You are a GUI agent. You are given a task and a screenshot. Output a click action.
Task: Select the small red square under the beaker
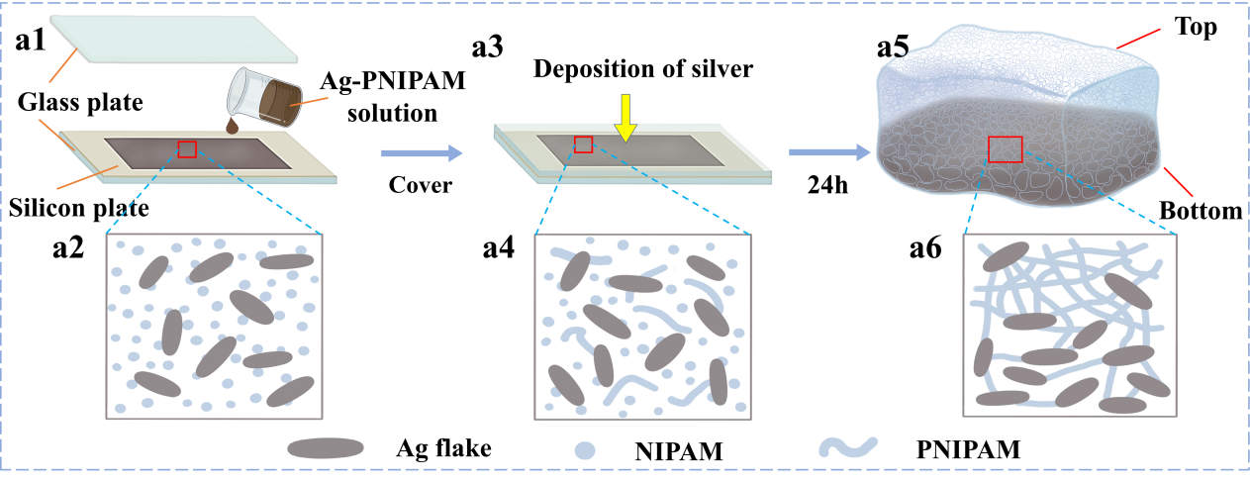[187, 148]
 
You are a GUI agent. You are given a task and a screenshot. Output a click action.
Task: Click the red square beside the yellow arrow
[583, 144]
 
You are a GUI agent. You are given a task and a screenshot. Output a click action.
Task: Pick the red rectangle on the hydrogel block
[1005, 148]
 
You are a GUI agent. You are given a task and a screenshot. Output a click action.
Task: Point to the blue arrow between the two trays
[422, 152]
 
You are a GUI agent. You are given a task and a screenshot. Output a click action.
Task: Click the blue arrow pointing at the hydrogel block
[829, 152]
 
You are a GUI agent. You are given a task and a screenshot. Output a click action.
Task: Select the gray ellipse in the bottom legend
[326, 448]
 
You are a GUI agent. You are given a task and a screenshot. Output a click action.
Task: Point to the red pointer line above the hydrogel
[1137, 39]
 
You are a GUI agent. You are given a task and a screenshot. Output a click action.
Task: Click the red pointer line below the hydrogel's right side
[1178, 181]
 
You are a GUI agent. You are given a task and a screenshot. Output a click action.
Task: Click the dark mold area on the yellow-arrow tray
[633, 150]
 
